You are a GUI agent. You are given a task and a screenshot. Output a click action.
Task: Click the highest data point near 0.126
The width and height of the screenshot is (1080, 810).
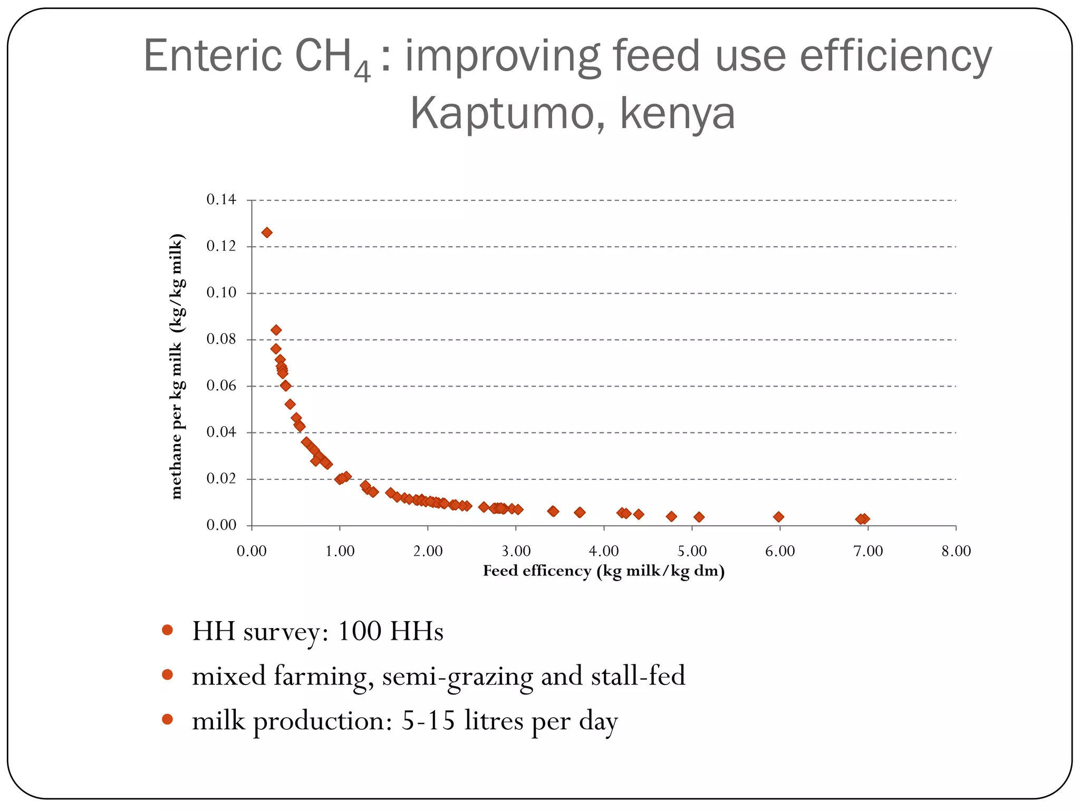tap(267, 233)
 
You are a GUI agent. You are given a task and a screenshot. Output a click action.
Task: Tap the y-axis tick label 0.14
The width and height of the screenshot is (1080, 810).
tap(221, 200)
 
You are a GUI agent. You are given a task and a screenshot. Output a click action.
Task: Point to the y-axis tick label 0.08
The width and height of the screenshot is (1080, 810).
tap(221, 339)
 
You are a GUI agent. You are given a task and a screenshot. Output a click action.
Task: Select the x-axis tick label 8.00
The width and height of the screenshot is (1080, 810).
tap(956, 551)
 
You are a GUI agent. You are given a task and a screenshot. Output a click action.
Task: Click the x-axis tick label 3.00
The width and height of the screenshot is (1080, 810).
tap(516, 551)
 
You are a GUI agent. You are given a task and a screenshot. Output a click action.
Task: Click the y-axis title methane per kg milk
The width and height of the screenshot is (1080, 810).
tap(177, 366)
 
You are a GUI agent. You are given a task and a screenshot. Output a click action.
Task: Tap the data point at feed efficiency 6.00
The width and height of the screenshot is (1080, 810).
tap(778, 517)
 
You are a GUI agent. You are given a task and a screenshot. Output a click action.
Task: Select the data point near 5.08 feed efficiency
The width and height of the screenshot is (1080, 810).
tap(699, 517)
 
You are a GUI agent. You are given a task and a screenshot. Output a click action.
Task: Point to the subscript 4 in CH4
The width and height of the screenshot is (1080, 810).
tap(362, 72)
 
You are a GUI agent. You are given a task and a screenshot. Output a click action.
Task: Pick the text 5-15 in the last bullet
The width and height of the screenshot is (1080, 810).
tap(428, 721)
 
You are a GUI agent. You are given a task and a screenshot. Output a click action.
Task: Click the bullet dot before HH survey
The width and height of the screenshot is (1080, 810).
tap(168, 630)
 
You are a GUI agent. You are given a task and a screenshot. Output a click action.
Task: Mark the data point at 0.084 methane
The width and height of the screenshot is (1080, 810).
tap(276, 330)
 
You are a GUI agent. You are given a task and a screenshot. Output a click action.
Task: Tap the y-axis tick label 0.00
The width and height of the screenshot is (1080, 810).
tap(221, 525)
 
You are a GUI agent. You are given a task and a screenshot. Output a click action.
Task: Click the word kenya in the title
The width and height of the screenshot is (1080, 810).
tap(677, 113)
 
